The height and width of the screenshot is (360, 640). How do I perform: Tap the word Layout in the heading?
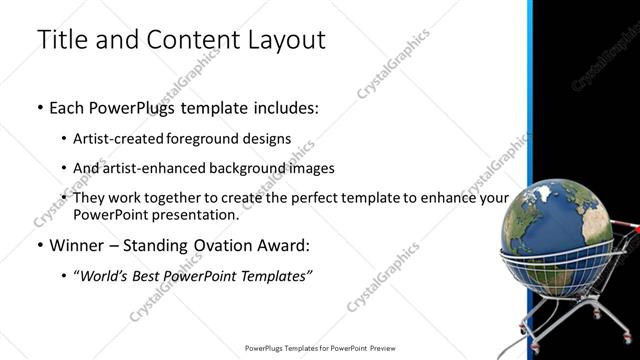coord(285,40)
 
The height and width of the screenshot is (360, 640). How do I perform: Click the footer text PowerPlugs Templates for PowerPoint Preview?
coord(319,349)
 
